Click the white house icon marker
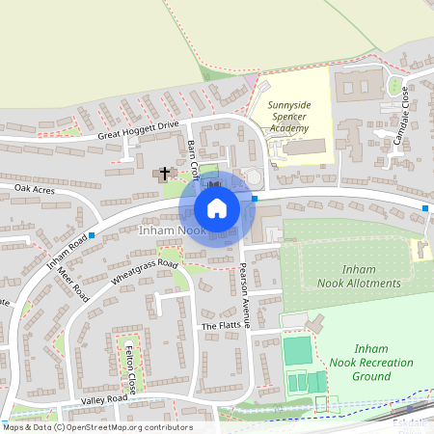(217, 207)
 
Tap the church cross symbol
(165, 174)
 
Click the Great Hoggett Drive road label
(138, 130)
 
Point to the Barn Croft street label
(194, 156)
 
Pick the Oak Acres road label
(36, 189)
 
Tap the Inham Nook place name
(169, 231)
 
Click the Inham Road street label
(68, 250)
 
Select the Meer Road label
(73, 286)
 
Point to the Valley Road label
(104, 398)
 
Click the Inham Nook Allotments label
(359, 276)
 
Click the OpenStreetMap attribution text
(96, 426)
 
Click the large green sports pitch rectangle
(298, 350)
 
